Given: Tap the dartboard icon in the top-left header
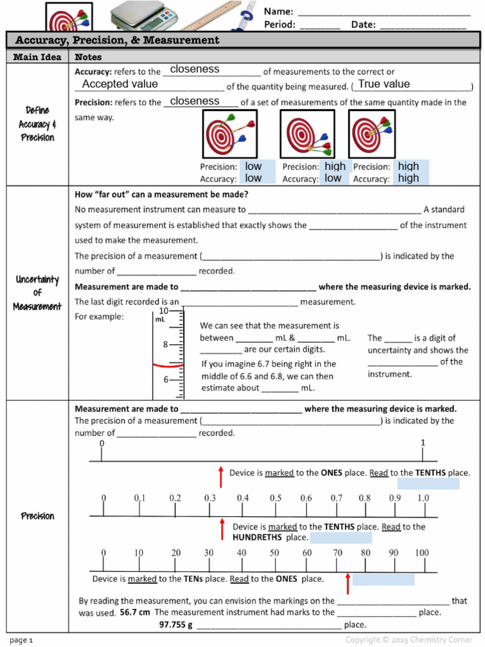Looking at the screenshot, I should coord(69,17).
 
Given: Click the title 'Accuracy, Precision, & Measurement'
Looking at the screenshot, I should coord(117,40).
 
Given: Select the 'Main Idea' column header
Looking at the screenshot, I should coord(37,57).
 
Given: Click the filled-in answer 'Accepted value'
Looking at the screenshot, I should coord(120,84).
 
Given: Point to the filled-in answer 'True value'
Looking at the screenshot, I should coord(384,84).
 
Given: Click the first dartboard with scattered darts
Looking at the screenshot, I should coord(229,133).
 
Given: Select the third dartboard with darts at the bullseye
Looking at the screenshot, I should coord(371,133).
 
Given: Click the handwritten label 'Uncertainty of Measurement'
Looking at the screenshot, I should coord(37,293).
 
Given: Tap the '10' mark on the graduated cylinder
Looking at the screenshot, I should coord(164,311).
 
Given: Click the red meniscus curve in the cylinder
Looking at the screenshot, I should coord(169,365).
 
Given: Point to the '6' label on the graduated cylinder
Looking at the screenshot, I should coord(166,380).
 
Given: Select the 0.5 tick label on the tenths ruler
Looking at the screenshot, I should coord(275,498).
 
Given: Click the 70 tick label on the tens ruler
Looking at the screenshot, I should coord(338,553).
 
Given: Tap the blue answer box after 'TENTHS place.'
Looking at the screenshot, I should coord(428,484).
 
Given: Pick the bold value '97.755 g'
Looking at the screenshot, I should coord(176,625).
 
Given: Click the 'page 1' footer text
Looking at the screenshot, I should coord(21,640).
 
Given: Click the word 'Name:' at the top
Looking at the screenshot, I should coord(278,11).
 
